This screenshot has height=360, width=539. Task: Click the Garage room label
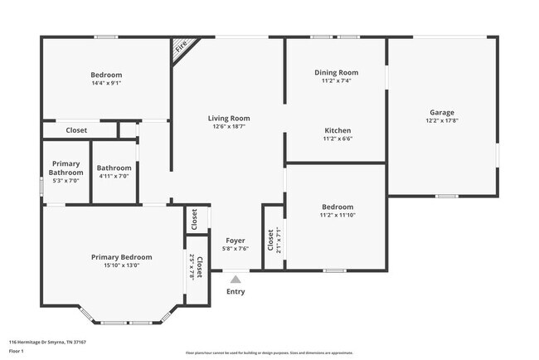(x=441, y=113)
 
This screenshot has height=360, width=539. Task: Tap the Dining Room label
(x=336, y=73)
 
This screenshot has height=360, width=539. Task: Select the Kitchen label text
(x=337, y=130)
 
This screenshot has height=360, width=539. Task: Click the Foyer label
(x=236, y=240)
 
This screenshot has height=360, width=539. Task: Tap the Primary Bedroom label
(x=121, y=257)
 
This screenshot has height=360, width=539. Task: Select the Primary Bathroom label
(x=66, y=168)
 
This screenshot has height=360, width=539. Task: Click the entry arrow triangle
(x=236, y=279)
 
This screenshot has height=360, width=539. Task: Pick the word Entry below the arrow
(x=236, y=291)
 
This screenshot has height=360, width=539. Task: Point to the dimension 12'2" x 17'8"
(x=441, y=121)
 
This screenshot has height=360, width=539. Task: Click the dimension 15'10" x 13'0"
(x=121, y=265)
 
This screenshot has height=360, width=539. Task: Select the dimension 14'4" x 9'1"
(x=107, y=83)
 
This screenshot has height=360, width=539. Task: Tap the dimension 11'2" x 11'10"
(x=337, y=215)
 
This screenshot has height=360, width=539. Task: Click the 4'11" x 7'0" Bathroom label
(x=114, y=172)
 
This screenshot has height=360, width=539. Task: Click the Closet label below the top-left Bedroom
(x=76, y=130)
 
